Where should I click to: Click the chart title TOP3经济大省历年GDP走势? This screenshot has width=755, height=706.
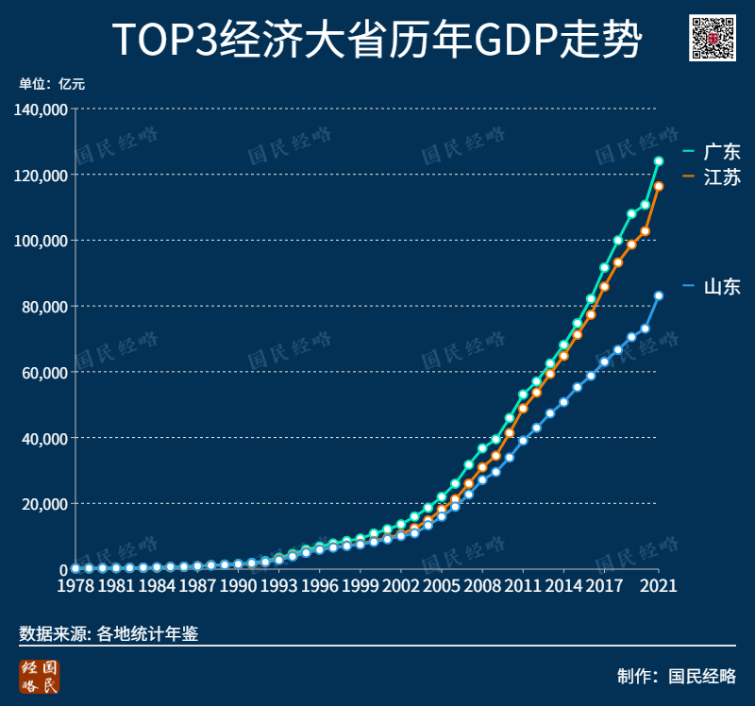[x=377, y=40]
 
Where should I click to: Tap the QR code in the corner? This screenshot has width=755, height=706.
[x=713, y=39]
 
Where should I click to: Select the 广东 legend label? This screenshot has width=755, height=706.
[x=722, y=152]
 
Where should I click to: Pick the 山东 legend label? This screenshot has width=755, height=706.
[x=722, y=287]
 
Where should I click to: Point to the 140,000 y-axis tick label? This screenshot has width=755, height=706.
[x=41, y=109]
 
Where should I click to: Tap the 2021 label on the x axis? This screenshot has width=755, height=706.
[x=658, y=586]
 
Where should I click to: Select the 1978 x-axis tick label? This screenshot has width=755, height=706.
[x=75, y=586]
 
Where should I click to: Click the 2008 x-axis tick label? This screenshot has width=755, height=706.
[x=482, y=586]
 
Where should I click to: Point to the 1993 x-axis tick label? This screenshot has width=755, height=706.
[x=278, y=586]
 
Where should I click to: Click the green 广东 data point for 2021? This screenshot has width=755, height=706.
[x=659, y=161]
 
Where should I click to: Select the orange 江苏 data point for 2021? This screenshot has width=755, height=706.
[x=659, y=186]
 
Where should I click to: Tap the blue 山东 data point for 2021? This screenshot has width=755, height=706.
[x=659, y=295]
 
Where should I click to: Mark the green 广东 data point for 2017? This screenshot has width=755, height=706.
[x=605, y=268]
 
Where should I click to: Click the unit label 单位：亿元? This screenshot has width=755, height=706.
[x=52, y=84]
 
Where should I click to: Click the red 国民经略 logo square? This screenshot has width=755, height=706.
[x=39, y=678]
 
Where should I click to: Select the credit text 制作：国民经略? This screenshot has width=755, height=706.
[x=676, y=676]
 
